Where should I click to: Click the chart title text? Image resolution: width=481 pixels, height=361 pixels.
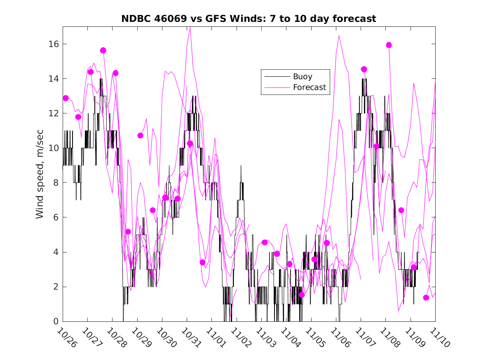pos(249,19)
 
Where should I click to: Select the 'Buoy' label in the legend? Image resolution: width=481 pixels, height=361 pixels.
pos(303,76)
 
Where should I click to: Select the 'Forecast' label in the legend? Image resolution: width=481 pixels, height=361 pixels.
pos(309,87)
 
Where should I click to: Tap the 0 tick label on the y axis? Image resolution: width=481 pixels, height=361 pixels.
pos(56,321)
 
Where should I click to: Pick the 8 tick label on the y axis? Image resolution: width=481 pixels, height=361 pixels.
pos(56,183)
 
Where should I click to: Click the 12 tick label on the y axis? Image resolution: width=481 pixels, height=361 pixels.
pos(54,113)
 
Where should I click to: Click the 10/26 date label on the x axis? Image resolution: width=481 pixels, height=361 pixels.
pos(67,338)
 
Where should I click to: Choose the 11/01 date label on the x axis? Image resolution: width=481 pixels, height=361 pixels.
pos(216,338)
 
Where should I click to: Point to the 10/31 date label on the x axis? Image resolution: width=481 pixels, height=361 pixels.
pos(191,338)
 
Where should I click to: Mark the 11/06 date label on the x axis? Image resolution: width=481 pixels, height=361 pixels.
pos(340,338)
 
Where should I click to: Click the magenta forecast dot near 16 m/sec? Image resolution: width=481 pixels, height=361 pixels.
pos(389,45)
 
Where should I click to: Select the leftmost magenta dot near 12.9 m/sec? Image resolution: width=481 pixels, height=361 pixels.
pos(66,98)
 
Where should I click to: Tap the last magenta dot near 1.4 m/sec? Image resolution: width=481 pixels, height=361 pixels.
pos(426,298)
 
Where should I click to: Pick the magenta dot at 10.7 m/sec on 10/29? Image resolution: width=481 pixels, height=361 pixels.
pos(140,135)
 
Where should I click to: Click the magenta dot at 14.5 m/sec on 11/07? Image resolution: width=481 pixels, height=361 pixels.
pos(364,69)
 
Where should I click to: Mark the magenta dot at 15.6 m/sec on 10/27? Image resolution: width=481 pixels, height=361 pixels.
pos(103,50)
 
